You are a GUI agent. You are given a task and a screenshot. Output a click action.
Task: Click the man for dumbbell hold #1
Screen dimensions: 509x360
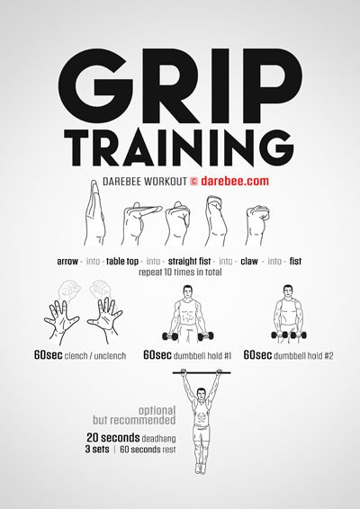(186, 315)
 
